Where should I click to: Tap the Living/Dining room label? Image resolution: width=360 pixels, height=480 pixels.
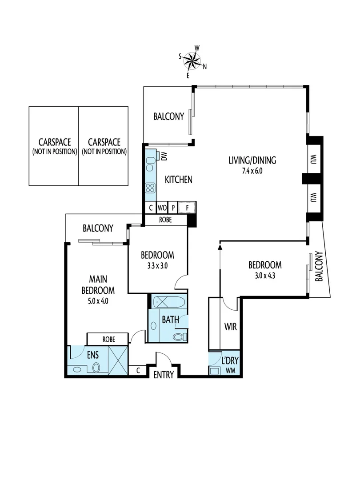(x=252, y=160)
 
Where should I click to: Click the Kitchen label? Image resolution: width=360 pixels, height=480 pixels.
(x=179, y=180)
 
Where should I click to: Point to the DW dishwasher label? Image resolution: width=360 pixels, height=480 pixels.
(x=164, y=156)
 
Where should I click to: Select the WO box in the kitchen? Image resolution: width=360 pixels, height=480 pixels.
(x=161, y=208)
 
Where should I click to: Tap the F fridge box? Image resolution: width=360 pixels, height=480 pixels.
(x=187, y=208)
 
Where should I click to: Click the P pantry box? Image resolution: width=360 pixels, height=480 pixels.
(x=172, y=208)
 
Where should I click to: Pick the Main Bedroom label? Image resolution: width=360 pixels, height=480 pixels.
(x=98, y=285)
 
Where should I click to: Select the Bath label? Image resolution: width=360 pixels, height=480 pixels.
(x=170, y=319)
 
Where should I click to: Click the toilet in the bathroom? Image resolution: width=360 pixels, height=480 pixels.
(x=179, y=336)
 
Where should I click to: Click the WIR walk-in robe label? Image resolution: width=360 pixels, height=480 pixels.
(x=230, y=328)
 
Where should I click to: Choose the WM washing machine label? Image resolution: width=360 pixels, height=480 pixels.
(x=231, y=370)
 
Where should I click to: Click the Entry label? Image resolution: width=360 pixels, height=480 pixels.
(x=163, y=375)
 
